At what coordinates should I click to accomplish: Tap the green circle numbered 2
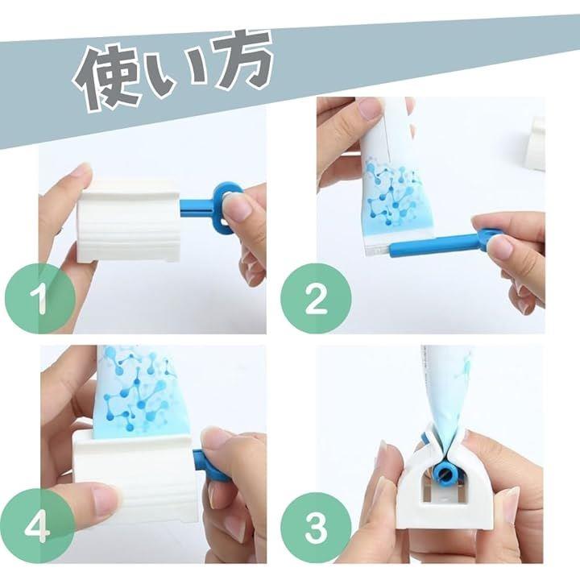(x=316, y=299)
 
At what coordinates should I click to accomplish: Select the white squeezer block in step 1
(x=129, y=222)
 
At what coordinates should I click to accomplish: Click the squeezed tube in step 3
(x=445, y=400)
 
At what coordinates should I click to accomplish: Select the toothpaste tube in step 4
(x=136, y=392)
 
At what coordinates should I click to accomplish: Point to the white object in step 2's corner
(x=536, y=143)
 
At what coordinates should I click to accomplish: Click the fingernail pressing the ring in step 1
(x=238, y=207)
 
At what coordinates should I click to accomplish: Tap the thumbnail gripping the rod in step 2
(x=500, y=246)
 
